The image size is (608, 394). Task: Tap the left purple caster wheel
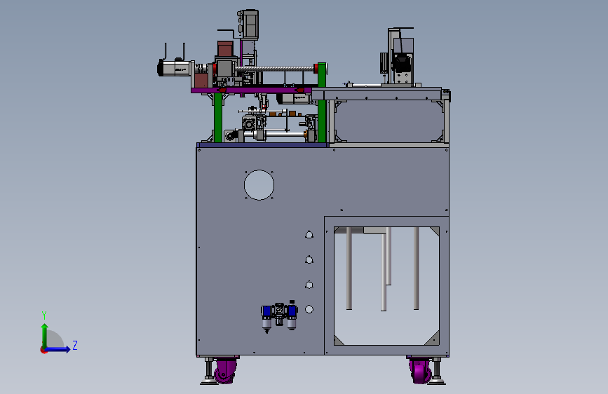[x=225, y=371]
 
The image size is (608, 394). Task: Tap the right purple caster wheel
[x=420, y=371]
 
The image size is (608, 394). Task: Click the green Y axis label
[x=44, y=315]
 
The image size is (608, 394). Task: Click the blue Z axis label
[x=75, y=345]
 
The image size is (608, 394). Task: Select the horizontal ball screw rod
[x=276, y=69]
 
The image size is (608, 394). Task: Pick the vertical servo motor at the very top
[x=248, y=24]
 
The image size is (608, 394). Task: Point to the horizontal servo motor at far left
[x=174, y=68]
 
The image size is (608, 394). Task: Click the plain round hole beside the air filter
[x=309, y=309]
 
